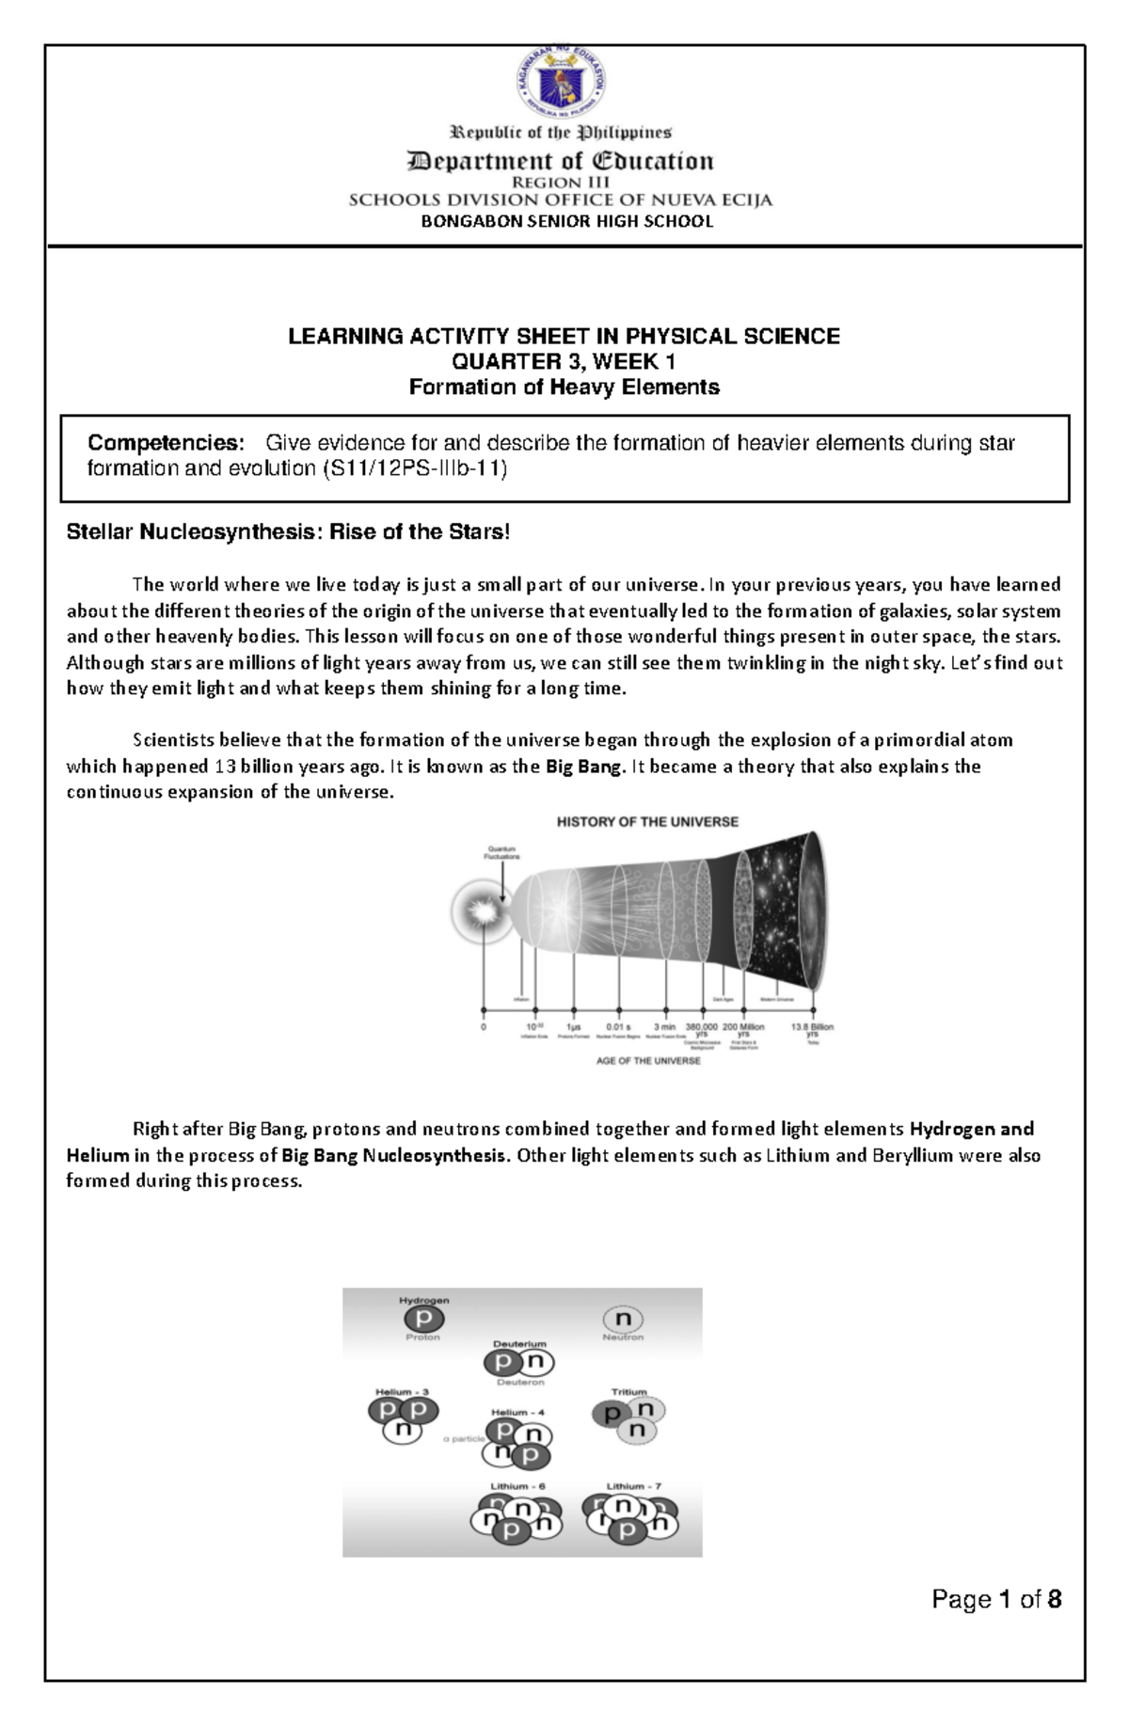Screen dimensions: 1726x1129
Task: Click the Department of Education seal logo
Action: (x=562, y=84)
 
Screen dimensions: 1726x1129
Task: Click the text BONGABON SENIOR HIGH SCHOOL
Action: (x=566, y=222)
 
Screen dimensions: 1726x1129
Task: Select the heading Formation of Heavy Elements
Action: (x=564, y=388)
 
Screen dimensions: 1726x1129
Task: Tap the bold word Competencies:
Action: (x=166, y=443)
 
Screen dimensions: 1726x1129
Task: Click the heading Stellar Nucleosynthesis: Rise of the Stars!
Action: (x=288, y=532)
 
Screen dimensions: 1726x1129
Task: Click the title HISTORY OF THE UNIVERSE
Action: (x=647, y=822)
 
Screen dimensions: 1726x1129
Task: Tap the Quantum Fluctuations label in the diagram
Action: (x=501, y=853)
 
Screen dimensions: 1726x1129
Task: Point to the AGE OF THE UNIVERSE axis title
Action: (x=648, y=1061)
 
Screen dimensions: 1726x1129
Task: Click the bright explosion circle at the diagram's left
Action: (x=483, y=911)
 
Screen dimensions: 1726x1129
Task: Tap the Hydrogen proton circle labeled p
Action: (x=423, y=1320)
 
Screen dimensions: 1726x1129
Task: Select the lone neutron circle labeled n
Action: (x=623, y=1320)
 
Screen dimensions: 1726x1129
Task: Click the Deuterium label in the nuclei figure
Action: (x=519, y=1344)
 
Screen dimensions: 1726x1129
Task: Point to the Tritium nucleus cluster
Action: (x=628, y=1419)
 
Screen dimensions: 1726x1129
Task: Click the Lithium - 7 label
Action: (x=633, y=1487)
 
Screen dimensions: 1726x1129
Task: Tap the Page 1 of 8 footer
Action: (x=996, y=1599)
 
